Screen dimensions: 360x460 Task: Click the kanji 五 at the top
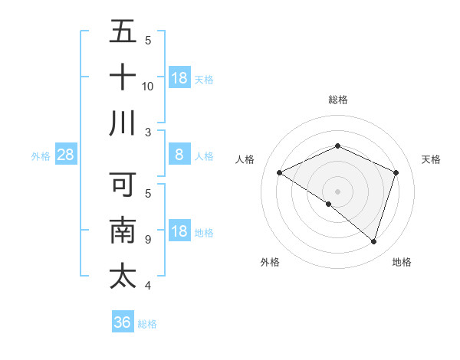click(x=123, y=32)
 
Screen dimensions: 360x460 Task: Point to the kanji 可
click(x=123, y=185)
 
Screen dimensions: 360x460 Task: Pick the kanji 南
click(x=123, y=230)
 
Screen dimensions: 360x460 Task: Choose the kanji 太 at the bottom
click(x=123, y=276)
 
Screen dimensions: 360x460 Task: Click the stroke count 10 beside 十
click(x=148, y=86)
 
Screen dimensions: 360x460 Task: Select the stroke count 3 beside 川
click(x=148, y=132)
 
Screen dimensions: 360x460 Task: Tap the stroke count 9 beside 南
click(x=148, y=240)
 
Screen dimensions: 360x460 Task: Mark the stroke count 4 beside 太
click(x=148, y=286)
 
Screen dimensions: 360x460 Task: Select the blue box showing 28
click(x=65, y=155)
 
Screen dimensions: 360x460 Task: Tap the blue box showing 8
click(x=179, y=155)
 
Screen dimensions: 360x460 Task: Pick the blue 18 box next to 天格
click(x=179, y=78)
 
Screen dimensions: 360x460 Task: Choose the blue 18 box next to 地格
click(x=179, y=232)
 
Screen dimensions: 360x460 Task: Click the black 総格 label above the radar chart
click(x=337, y=100)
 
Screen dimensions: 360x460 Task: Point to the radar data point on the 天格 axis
click(x=396, y=172)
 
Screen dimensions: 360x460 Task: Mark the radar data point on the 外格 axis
click(x=329, y=204)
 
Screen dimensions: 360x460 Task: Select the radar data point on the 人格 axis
click(x=280, y=173)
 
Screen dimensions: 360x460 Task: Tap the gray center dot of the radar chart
click(x=337, y=191)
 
